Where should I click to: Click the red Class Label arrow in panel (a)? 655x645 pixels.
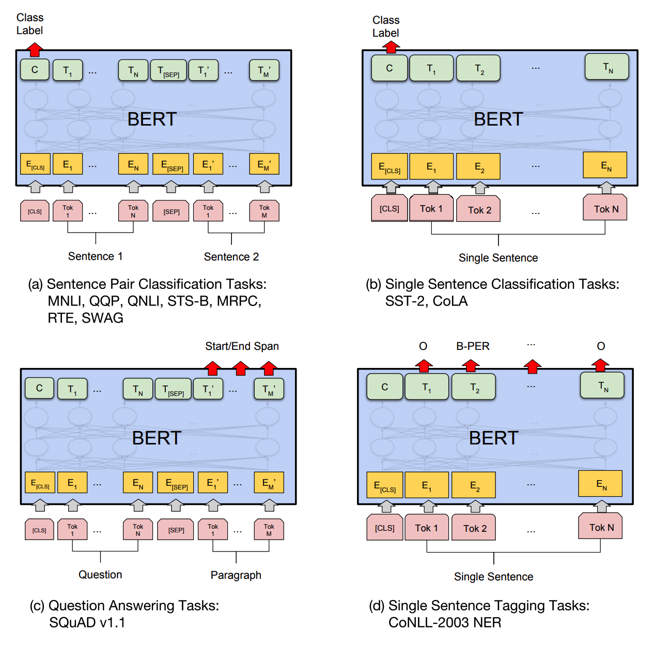(35, 50)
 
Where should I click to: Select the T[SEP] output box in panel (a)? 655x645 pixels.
(168, 70)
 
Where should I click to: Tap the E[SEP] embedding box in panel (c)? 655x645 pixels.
(176, 482)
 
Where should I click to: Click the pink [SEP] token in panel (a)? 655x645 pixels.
(170, 211)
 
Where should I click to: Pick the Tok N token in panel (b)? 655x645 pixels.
(605, 208)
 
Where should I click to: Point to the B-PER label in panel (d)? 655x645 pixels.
(473, 346)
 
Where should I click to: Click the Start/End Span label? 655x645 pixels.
(242, 346)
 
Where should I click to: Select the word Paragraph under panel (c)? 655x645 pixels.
(236, 575)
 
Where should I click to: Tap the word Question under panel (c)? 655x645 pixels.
(100, 575)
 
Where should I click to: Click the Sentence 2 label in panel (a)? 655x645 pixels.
(231, 256)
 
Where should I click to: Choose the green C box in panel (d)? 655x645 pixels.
(384, 387)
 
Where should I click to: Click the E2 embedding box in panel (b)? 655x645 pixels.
(478, 166)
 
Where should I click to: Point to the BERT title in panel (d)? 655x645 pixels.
(493, 438)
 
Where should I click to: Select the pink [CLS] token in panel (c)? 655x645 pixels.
(39, 530)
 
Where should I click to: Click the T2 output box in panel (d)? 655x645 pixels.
(473, 387)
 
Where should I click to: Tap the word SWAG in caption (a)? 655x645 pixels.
(102, 318)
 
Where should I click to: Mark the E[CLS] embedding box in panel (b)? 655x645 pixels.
(389, 166)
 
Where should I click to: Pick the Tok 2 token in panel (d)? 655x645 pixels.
(473, 528)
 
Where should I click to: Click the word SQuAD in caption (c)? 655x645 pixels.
(72, 623)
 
